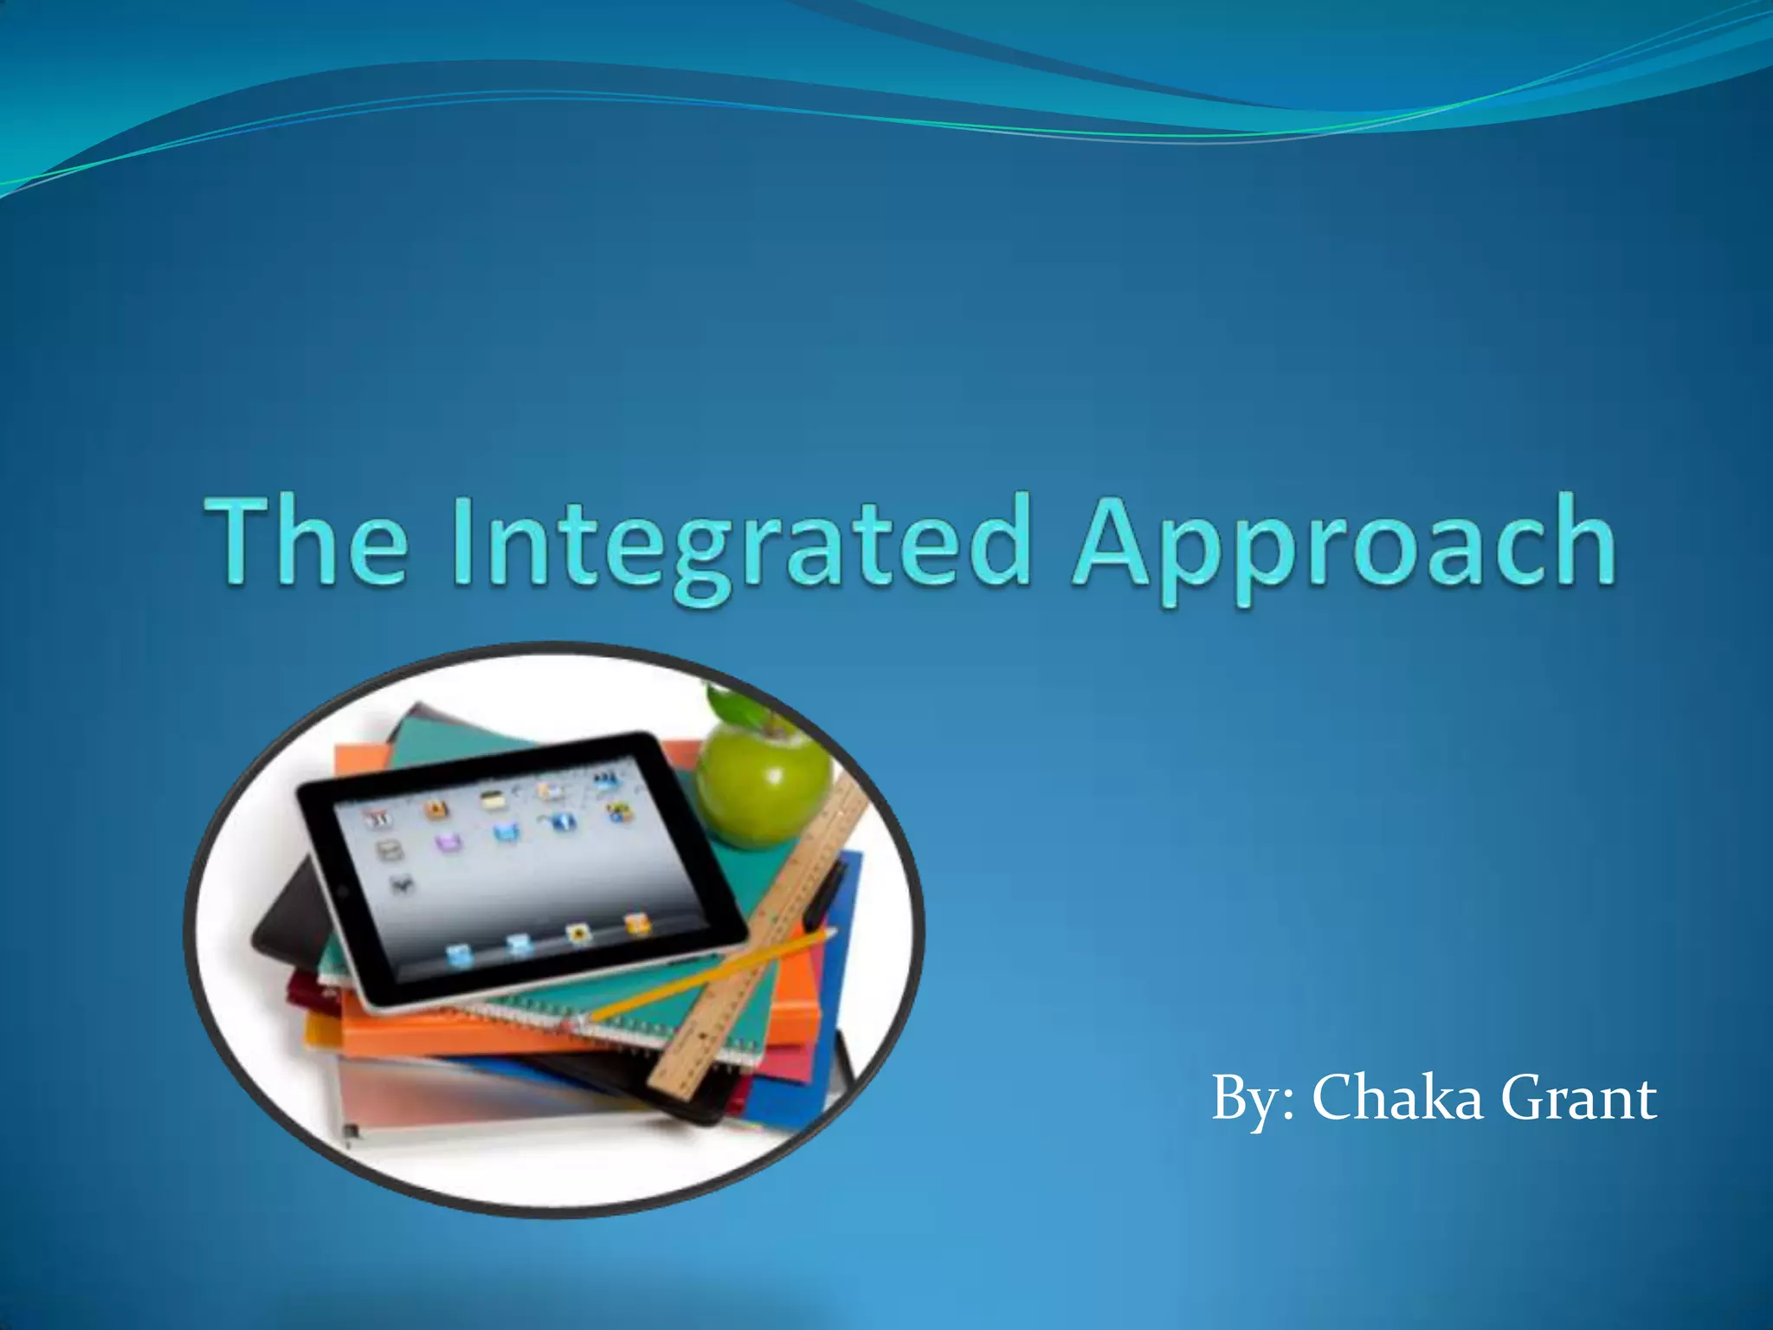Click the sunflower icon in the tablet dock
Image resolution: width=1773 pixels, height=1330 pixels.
(578, 933)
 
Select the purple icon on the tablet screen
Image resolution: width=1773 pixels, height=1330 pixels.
(448, 843)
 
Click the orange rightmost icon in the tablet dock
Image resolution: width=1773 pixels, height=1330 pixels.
(636, 923)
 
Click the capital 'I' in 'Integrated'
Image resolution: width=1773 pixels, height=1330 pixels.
(461, 541)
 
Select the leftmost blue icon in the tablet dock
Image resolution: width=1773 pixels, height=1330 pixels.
(459, 955)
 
